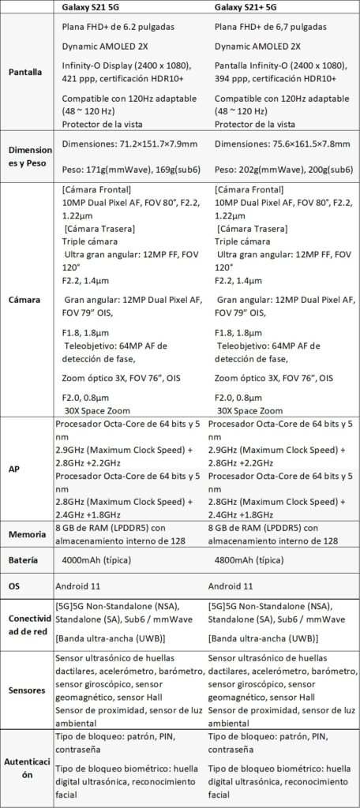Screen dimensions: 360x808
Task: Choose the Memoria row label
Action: coord(27,534)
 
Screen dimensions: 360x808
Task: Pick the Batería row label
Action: coord(27,560)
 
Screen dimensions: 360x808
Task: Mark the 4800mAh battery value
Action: coord(249,560)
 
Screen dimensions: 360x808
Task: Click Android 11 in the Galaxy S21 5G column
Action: coord(85,586)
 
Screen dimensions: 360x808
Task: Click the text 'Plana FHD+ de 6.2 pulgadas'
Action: coord(123,27)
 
